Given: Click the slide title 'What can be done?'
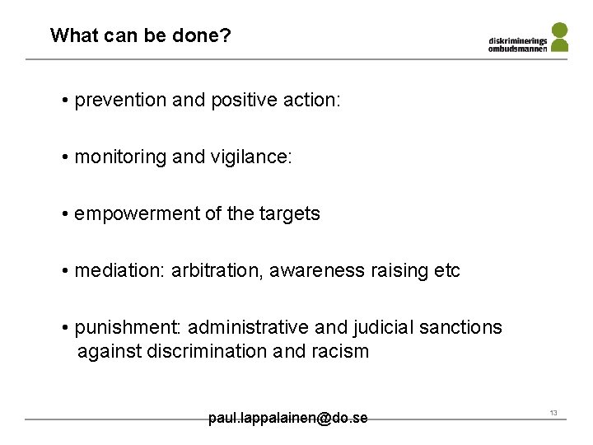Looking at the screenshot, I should click(x=140, y=35).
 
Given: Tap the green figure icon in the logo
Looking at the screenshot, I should click(x=559, y=38).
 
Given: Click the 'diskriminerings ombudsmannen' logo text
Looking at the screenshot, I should click(x=517, y=44).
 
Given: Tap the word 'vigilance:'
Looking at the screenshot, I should click(x=252, y=157).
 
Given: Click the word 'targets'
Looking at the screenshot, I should click(x=290, y=214).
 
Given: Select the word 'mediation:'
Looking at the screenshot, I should click(x=119, y=270).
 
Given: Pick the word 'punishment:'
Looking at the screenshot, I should click(x=125, y=327).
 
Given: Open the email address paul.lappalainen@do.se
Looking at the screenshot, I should click(x=287, y=419).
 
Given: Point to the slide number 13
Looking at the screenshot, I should click(x=553, y=413).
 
